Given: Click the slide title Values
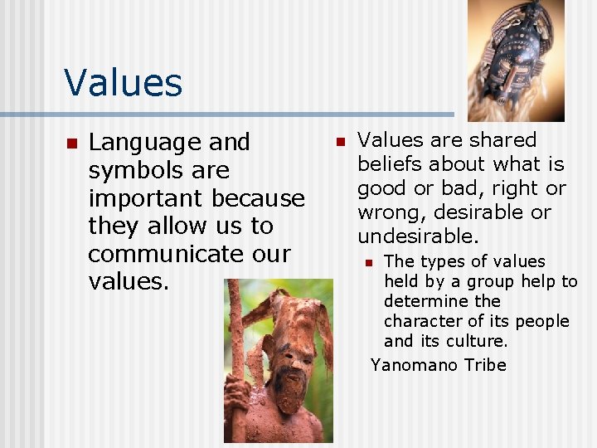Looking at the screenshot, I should click(123, 83).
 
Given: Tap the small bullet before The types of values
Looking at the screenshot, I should click(370, 263).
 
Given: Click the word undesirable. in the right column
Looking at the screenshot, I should click(418, 236).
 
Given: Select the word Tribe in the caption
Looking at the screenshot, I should click(484, 365).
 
